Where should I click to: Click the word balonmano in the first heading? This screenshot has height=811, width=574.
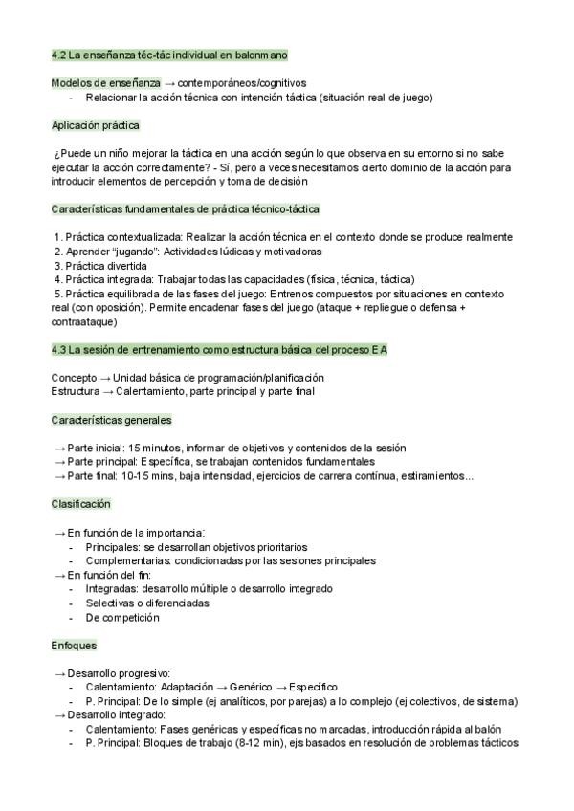pos(261,55)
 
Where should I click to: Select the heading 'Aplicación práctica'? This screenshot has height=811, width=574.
pos(96,125)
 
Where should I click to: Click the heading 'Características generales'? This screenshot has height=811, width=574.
pos(112,420)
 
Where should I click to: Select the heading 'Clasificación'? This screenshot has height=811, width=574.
pos(81,504)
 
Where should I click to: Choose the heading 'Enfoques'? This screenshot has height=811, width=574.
pos(74,645)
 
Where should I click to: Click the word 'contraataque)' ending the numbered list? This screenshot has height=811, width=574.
pos(84,323)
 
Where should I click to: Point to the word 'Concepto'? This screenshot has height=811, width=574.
pos(74,378)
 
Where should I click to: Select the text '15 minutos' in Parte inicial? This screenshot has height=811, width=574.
pos(154,448)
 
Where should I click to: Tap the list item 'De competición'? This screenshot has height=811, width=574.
pos(122,617)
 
